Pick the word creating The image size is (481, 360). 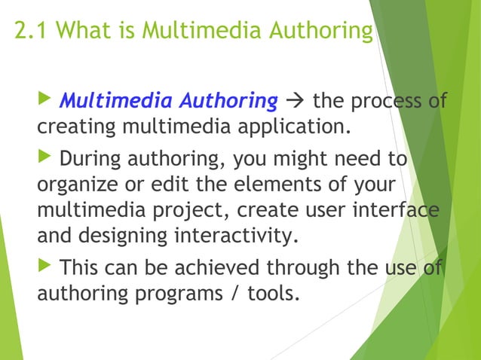[x=72, y=124]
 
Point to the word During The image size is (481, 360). [x=90, y=160]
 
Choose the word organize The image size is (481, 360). [x=72, y=185]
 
